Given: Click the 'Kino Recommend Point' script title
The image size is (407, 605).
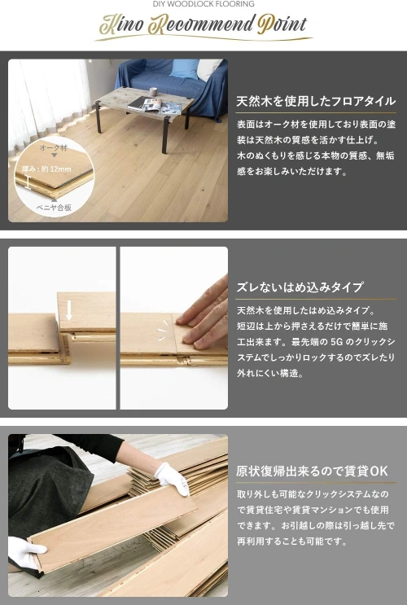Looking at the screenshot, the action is [203, 24].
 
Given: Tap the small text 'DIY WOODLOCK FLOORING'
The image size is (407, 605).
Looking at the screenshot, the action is [203, 4].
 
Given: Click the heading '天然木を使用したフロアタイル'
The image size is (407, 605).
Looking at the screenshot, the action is [316, 101].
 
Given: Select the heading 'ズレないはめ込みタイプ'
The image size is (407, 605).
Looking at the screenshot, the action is [300, 287].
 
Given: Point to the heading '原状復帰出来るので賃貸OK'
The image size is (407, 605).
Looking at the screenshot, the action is [312, 471].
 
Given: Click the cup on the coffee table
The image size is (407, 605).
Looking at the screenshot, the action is [154, 92].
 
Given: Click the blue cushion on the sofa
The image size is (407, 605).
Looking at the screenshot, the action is [184, 69].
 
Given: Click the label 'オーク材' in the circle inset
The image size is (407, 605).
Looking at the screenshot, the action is [54, 147].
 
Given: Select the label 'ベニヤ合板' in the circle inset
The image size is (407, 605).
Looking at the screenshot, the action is [55, 208].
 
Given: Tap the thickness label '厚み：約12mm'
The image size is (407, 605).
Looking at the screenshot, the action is [46, 169].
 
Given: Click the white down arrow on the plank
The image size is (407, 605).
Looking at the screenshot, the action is [69, 310].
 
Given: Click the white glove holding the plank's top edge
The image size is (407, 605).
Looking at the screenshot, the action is [172, 479].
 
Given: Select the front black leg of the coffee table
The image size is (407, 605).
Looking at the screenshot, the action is [166, 135].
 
